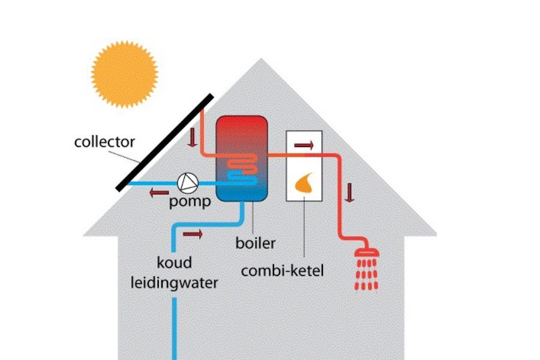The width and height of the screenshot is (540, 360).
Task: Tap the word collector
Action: click(x=104, y=142)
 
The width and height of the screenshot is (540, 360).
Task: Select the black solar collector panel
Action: click(x=165, y=142)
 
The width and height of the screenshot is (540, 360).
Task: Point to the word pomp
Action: click(x=190, y=202)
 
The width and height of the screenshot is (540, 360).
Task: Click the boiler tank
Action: click(x=242, y=158)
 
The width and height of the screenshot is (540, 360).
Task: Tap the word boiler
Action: click(x=256, y=243)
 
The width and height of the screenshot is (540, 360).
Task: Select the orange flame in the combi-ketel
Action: click(x=304, y=184)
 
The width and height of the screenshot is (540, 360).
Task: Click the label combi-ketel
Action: click(x=282, y=271)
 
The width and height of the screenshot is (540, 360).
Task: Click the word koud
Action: click(x=174, y=263)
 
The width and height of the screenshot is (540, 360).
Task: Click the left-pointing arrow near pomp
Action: click(x=158, y=193)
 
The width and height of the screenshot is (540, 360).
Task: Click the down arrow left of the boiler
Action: click(x=193, y=137)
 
